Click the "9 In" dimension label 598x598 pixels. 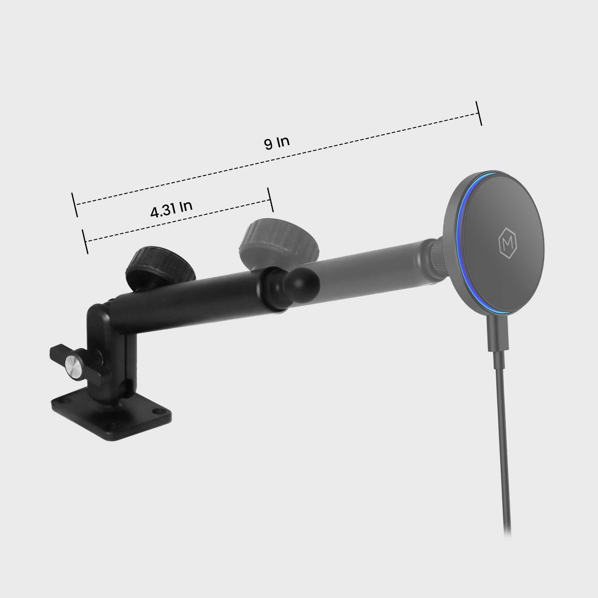coord(277,143)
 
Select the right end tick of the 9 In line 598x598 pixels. coord(479,113)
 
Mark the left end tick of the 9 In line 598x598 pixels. coord(74,205)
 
